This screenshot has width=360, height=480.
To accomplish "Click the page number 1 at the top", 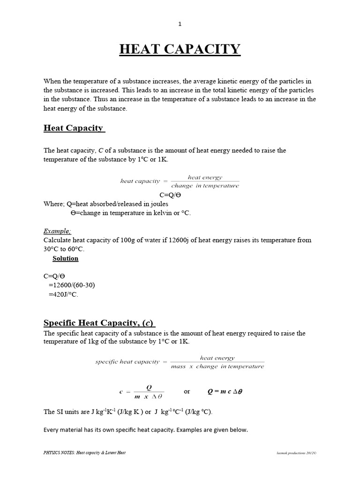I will (180, 24).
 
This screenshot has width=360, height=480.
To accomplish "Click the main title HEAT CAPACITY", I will (180, 49).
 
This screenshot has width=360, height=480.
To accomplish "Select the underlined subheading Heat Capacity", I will (74, 128).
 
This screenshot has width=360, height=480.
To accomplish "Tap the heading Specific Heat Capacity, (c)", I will (99, 322).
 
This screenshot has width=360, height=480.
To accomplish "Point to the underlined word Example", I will (57, 231).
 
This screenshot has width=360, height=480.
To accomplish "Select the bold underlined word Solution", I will (65, 258).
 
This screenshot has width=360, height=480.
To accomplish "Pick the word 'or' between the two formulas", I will (187, 391).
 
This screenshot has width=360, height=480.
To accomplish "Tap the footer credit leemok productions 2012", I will (294, 453).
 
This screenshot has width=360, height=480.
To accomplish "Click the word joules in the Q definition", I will (157, 204).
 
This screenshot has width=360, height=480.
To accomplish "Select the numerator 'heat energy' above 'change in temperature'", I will (205, 177).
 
